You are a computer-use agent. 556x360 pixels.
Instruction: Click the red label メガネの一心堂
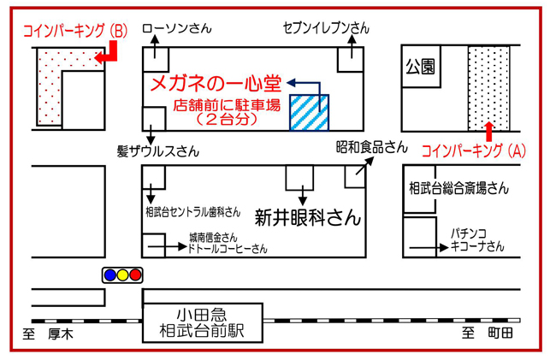point(215,84)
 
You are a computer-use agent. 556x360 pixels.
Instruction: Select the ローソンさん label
point(176,28)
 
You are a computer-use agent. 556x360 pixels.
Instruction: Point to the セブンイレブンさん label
point(326,28)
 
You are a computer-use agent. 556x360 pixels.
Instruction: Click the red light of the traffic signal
point(135,275)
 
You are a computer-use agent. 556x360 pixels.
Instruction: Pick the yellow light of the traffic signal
point(122,275)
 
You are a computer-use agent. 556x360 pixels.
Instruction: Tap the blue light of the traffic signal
point(109,275)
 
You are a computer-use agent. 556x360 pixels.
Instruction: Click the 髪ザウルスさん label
point(158,151)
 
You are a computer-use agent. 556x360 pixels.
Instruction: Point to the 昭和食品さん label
point(371,147)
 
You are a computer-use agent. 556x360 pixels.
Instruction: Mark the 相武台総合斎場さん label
point(458,187)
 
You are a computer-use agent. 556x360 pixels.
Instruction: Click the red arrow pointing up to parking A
point(488,130)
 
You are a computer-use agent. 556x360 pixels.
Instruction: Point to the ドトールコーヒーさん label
point(228,249)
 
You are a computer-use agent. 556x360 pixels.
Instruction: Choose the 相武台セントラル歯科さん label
point(186,210)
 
